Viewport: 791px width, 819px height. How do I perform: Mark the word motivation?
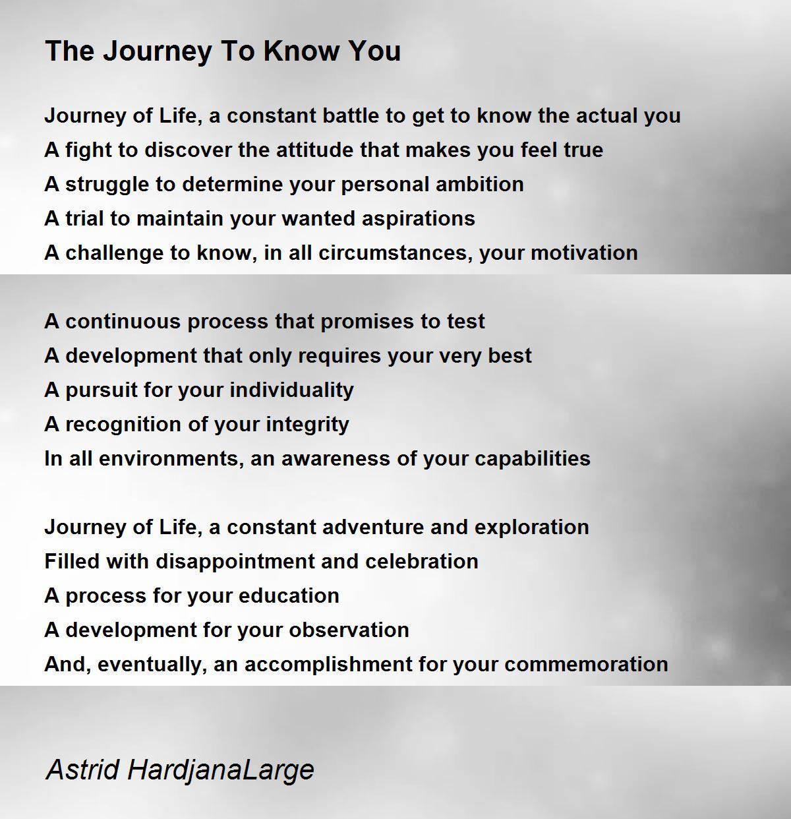[585, 253]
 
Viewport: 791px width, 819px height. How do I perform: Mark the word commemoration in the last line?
[586, 665]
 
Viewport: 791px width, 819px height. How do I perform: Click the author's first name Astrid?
[82, 770]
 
